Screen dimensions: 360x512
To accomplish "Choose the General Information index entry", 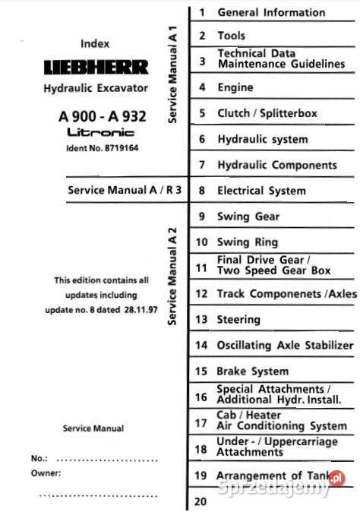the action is coord(271,12).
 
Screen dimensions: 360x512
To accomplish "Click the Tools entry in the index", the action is coord(231,36).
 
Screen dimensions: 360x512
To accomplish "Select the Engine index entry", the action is coord(235,87).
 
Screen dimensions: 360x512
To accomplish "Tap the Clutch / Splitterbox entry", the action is coord(267,113).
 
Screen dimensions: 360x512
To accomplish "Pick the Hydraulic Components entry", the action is coord(277,165).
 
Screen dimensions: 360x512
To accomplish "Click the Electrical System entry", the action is coord(261,191).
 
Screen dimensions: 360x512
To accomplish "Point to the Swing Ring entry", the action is coord(248,242).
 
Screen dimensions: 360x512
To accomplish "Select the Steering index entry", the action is coord(238,320).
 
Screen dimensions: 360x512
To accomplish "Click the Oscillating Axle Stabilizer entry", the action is coord(286,346).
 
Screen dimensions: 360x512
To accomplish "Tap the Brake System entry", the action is coord(253,371).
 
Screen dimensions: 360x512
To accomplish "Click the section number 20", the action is coord(201,501).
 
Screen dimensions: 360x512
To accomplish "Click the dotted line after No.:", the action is coord(107,460).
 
